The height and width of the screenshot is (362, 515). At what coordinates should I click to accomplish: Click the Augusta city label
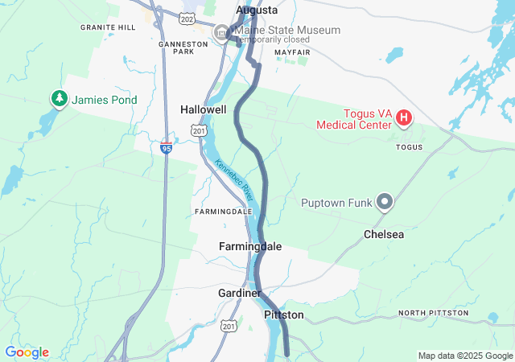257,10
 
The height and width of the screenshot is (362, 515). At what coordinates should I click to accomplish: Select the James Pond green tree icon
59,99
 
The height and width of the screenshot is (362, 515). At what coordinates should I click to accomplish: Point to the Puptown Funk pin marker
385,202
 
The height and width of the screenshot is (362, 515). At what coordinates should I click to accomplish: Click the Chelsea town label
384,235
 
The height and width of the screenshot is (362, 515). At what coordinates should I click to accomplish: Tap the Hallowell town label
203,109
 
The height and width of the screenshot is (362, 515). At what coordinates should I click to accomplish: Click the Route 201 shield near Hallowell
199,130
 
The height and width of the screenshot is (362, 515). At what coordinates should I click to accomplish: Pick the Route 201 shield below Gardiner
229,326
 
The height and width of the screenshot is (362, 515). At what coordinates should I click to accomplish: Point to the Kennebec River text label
234,181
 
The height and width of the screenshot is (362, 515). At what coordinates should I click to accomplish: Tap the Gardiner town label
239,293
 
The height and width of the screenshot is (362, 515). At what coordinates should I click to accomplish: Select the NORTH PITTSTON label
433,312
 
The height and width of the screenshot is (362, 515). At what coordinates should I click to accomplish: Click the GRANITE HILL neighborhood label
109,27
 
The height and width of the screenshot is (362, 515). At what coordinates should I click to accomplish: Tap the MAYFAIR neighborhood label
291,51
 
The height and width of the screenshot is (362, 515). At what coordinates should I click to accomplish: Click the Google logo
27,352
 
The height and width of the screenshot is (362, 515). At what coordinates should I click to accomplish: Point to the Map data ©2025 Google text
464,356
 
